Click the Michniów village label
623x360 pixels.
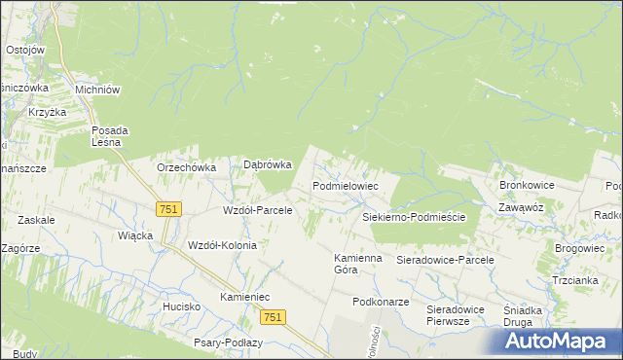click(x=97, y=90)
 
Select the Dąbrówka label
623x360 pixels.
click(x=268, y=165)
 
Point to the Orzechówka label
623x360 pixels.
click(x=186, y=167)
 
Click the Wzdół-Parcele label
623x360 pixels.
click(x=258, y=210)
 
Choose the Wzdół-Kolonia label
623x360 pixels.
click(x=222, y=245)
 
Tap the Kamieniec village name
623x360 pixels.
click(x=244, y=296)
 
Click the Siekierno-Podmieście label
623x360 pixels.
click(x=414, y=217)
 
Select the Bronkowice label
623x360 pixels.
click(x=527, y=184)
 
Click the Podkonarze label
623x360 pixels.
click(x=381, y=302)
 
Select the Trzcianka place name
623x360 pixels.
click(x=574, y=280)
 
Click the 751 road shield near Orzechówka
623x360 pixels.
click(x=168, y=209)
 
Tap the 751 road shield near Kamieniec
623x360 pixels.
click(x=273, y=317)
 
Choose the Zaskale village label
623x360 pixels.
click(x=35, y=220)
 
